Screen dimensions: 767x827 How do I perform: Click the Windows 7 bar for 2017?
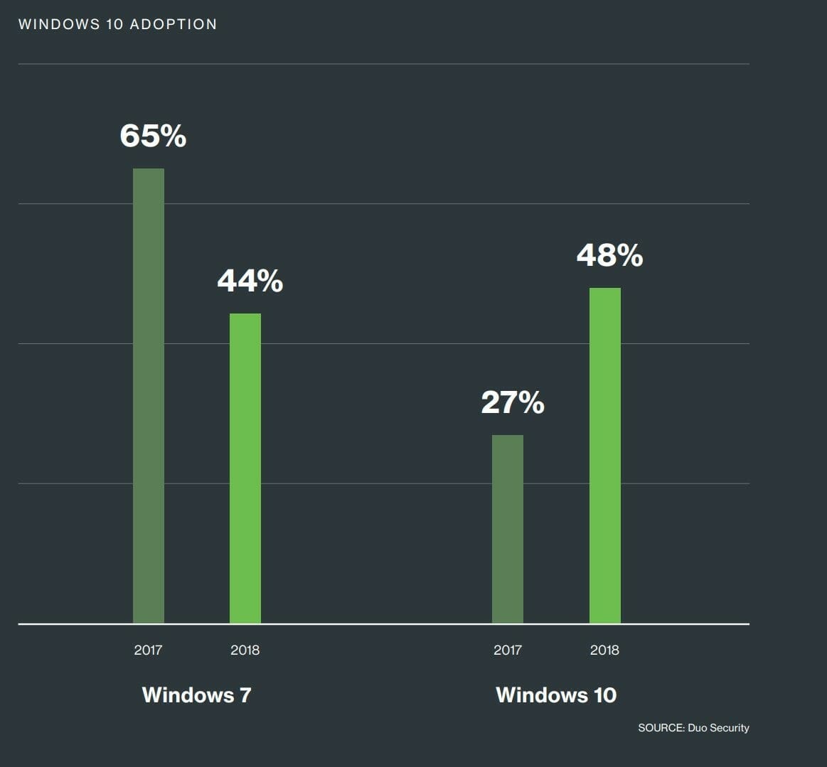point(149,396)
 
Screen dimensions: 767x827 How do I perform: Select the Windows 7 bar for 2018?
point(245,468)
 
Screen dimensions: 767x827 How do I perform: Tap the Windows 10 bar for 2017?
point(508,529)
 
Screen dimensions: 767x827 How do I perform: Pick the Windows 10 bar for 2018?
point(605,456)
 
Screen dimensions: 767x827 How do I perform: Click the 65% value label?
point(153,135)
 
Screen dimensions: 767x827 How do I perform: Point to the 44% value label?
point(250,281)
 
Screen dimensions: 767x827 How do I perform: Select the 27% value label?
point(513,402)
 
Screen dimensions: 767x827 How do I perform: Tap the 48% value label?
point(609,254)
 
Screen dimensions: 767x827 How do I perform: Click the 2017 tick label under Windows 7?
point(148,650)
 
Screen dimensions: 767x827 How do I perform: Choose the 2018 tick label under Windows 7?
point(245,650)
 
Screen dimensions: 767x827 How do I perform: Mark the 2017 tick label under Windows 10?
point(508,650)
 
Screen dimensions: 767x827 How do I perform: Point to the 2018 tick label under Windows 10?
point(604,650)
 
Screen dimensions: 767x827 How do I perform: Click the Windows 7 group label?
point(197,694)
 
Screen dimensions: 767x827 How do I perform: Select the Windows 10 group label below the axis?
point(556,694)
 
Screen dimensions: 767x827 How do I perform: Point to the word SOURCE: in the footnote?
point(661,728)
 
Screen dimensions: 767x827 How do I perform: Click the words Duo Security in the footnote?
point(718,728)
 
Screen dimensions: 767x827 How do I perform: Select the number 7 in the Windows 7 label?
point(245,694)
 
